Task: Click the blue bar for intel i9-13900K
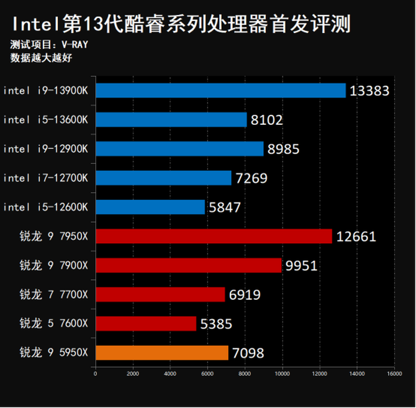(x=220, y=91)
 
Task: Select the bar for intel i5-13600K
(x=171, y=120)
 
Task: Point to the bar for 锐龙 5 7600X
(x=145, y=324)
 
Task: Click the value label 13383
(x=369, y=91)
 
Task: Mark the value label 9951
(x=301, y=266)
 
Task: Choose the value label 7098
(x=248, y=353)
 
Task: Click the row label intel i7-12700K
(x=45, y=178)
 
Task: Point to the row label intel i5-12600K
(x=45, y=207)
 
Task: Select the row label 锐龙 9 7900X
(x=54, y=265)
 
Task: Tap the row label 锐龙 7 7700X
(x=54, y=294)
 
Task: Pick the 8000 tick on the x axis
(x=245, y=373)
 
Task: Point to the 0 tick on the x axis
(x=95, y=373)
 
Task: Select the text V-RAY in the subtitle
(x=77, y=45)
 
